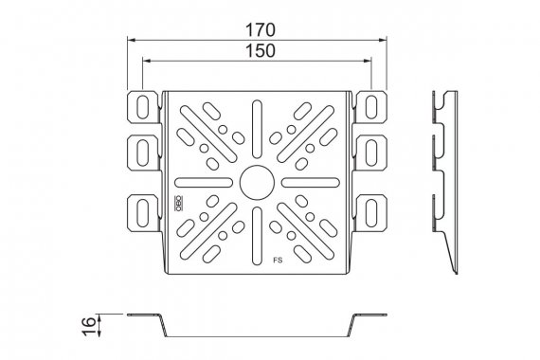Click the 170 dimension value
(261, 30)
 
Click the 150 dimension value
(261, 50)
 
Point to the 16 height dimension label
(89, 326)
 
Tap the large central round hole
(257, 182)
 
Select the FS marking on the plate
(278, 261)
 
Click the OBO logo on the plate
(178, 204)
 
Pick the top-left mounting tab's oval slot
(142, 107)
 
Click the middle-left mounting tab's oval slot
(142, 153)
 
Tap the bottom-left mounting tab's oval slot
(142, 213)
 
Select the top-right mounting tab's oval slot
(371, 107)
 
